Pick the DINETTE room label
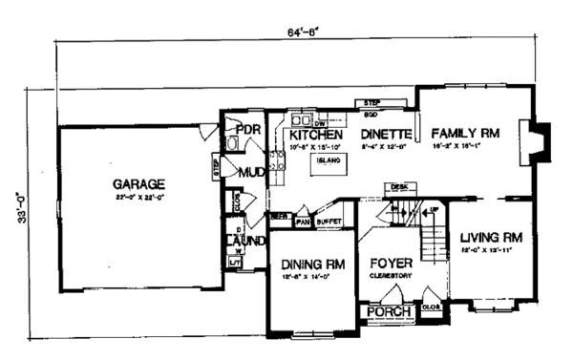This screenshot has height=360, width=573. coord(385,135)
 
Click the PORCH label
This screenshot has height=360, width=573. coord(390,311)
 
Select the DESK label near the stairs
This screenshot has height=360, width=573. coord(398,187)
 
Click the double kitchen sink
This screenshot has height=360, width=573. coord(304,121)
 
